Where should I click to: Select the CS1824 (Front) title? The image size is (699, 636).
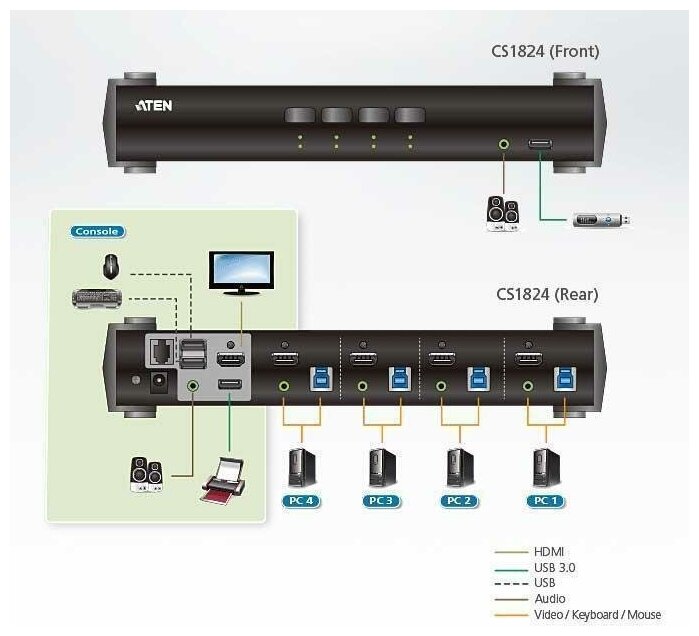coord(545,50)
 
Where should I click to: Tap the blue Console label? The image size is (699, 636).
coord(97,231)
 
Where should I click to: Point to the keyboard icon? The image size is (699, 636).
coord(98,297)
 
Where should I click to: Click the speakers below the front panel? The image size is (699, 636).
coord(501,212)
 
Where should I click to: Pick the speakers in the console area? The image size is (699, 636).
coord(146,474)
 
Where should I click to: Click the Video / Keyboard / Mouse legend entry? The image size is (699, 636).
coord(598,614)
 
